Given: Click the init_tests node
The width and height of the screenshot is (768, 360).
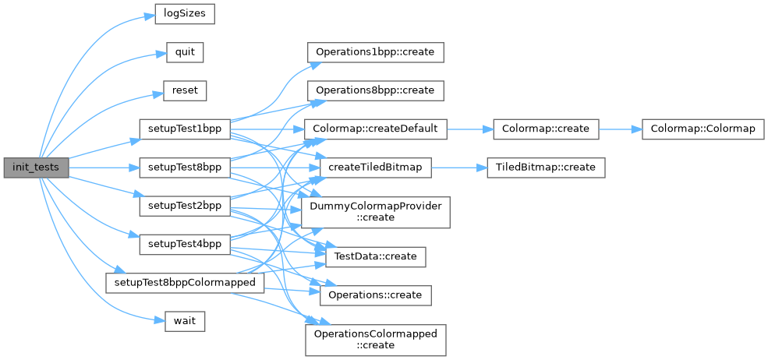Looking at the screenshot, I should (36, 167).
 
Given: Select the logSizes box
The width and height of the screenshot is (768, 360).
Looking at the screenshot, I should (184, 14).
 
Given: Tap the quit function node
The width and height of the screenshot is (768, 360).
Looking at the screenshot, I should (185, 52).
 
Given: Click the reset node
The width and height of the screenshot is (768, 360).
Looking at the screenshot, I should (185, 90).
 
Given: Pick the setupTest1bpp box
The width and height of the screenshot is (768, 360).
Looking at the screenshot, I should (184, 129).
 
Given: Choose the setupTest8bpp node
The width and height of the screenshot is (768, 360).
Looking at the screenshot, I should (184, 167).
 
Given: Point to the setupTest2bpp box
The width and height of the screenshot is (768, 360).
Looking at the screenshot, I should (184, 206).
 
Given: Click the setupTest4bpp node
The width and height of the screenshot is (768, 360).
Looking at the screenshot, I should (184, 244).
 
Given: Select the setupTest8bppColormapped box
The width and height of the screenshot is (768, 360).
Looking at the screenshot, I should (184, 282).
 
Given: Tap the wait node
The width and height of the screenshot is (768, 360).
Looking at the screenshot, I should (185, 320).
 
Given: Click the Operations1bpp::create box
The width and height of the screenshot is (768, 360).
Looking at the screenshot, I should (375, 52).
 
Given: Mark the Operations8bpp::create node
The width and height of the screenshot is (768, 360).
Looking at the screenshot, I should (375, 90).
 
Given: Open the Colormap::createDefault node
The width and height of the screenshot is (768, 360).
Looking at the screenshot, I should (375, 129).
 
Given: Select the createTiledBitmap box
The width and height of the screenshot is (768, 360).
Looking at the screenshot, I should (375, 167).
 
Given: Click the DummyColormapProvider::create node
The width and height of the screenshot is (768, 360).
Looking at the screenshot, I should (375, 211).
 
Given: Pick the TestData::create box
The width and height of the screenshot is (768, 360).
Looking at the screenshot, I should (375, 256).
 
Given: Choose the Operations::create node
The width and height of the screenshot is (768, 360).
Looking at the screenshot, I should (375, 295).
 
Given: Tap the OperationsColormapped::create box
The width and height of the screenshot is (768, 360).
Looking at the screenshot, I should (375, 339).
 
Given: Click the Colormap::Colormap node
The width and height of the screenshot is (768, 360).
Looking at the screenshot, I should (703, 129).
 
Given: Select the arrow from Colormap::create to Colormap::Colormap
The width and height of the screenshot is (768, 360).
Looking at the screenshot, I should (619, 129).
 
